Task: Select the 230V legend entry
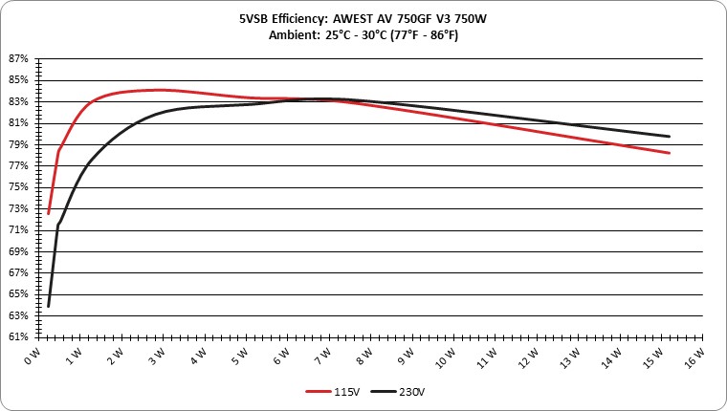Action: pos(398,392)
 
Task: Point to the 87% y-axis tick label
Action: pos(18,59)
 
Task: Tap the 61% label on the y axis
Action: pos(18,336)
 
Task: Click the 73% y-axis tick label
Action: pos(18,209)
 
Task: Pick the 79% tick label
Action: pos(18,144)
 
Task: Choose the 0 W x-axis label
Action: pos(33,356)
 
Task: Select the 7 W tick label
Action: pos(323,356)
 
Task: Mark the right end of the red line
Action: pos(669,153)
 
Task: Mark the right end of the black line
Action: pos(669,137)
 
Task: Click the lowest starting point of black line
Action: pos(48,306)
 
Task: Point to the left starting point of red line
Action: pos(48,213)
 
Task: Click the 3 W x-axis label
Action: pos(157,356)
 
